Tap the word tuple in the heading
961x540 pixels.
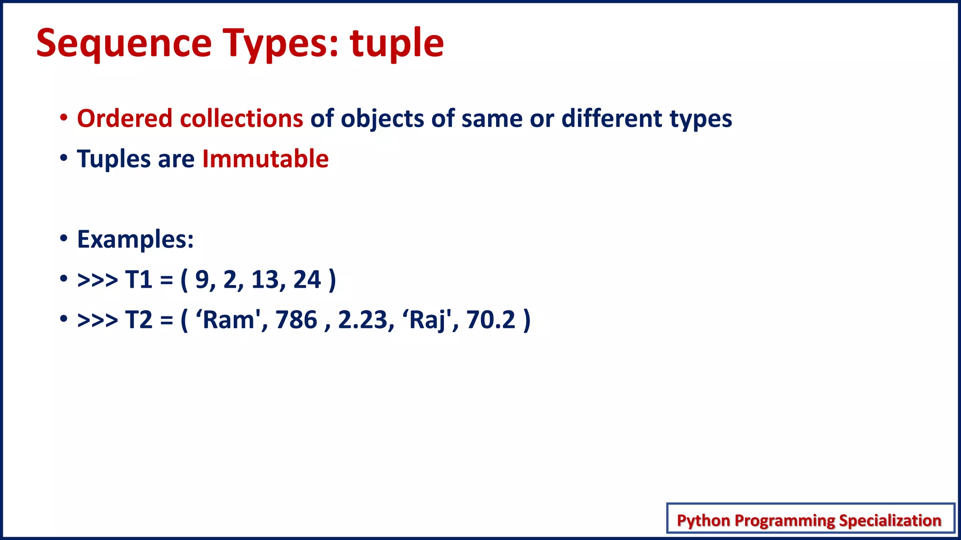click(397, 43)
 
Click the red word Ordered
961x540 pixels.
click(125, 118)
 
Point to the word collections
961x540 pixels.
click(242, 118)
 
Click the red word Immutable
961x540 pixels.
click(265, 158)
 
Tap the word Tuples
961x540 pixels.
click(114, 158)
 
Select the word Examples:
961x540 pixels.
click(135, 239)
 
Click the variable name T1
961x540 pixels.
click(139, 280)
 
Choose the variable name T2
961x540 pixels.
click(139, 320)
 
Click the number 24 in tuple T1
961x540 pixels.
click(307, 280)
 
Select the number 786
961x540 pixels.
click(297, 320)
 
